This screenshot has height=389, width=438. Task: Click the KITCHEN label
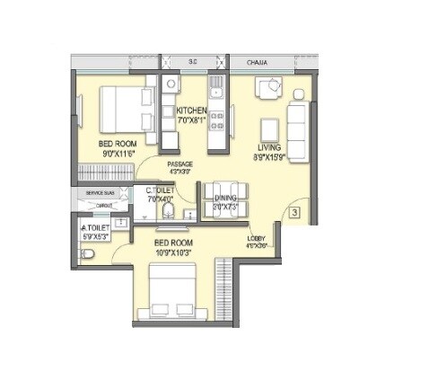pyautogui.click(x=192, y=111)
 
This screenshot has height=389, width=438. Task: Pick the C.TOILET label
pyautogui.click(x=160, y=190)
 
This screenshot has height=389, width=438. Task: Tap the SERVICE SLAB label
pyautogui.click(x=100, y=193)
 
